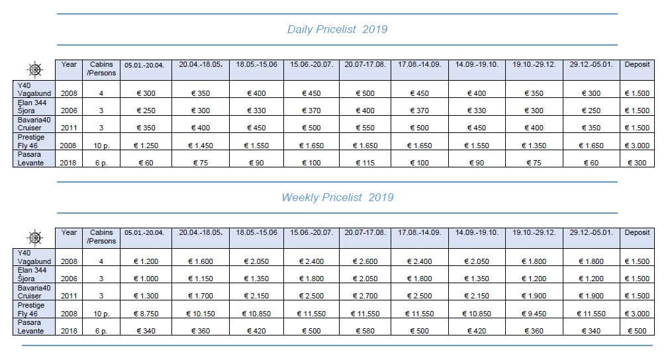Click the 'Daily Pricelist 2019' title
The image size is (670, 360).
(x=337, y=29)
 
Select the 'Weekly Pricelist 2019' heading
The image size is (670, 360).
(x=337, y=197)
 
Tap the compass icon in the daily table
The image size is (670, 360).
(x=34, y=69)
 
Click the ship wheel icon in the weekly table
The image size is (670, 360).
(x=34, y=237)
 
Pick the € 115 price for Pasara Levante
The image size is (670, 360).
(x=364, y=163)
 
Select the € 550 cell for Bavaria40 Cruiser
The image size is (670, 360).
(x=364, y=128)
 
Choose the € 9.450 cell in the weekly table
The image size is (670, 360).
(x=533, y=314)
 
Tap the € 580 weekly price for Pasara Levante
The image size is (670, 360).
(x=364, y=331)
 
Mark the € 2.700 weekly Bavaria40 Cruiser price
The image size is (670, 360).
(x=364, y=296)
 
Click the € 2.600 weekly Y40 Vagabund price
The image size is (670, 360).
(x=364, y=262)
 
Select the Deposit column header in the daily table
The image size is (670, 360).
(x=637, y=65)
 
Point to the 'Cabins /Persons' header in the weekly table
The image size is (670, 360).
(x=101, y=237)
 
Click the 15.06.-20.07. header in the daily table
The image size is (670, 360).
(x=311, y=65)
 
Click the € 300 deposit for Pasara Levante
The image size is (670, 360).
(x=637, y=163)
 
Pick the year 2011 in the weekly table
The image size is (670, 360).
(x=69, y=296)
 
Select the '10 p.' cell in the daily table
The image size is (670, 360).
(x=101, y=146)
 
